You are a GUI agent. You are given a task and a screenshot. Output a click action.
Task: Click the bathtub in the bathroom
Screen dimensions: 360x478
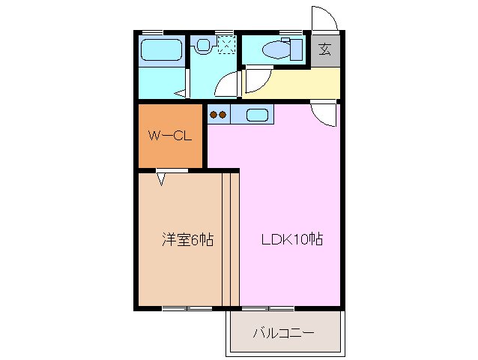click(x=160, y=51)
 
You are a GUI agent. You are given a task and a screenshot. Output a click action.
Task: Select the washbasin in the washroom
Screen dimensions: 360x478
click(x=202, y=45)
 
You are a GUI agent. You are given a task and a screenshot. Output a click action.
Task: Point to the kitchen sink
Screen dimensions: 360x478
click(x=255, y=115)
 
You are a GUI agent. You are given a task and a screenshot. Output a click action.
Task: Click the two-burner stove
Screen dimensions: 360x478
click(x=217, y=115)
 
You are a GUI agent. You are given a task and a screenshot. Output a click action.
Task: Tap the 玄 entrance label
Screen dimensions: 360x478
click(x=325, y=50)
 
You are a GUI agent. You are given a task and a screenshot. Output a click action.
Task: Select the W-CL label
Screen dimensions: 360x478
click(x=170, y=136)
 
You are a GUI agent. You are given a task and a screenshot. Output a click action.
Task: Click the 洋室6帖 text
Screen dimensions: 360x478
click(x=188, y=240)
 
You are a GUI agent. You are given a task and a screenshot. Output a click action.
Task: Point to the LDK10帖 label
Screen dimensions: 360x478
click(x=291, y=240)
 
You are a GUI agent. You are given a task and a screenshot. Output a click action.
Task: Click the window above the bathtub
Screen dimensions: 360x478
click(x=153, y=31)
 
